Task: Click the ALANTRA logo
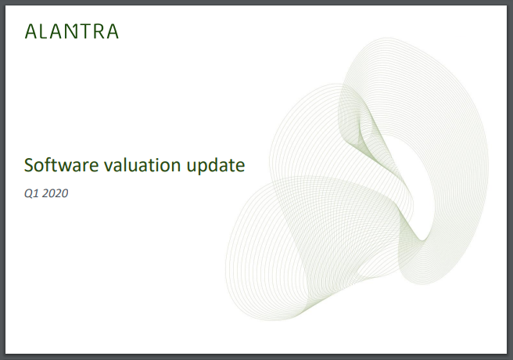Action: tap(72, 31)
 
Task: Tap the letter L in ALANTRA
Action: tap(43, 31)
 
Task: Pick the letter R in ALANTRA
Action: tap(99, 31)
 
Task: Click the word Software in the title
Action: tap(61, 164)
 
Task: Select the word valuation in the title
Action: tap(142, 164)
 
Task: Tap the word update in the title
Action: tap(216, 166)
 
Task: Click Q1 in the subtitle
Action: tap(31, 193)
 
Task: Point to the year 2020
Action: tap(55, 193)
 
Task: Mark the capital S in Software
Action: tap(29, 165)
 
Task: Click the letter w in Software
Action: tap(67, 167)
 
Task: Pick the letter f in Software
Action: tap(49, 164)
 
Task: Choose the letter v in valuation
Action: tap(109, 167)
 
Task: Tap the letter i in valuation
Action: tap(160, 165)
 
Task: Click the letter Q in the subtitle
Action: tap(29, 194)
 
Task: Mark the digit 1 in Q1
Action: tap(37, 193)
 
